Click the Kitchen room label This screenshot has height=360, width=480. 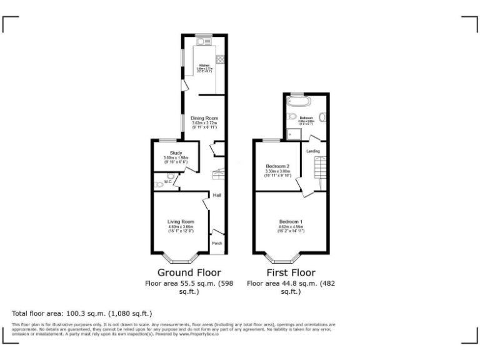point(204,65)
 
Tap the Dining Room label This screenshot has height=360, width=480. point(204,118)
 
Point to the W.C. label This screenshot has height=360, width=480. point(168,182)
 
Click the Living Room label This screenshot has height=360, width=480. point(181,221)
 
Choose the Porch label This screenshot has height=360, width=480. point(217,243)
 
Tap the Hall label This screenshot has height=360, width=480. point(217,196)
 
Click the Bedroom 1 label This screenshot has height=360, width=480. point(291,221)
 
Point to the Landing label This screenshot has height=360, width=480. point(313,151)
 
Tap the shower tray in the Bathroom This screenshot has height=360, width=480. point(291,132)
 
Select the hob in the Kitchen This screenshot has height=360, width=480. point(219,59)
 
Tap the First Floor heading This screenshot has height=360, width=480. point(291,272)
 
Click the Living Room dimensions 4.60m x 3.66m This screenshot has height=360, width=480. point(181,227)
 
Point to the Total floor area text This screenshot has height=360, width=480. point(82,313)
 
